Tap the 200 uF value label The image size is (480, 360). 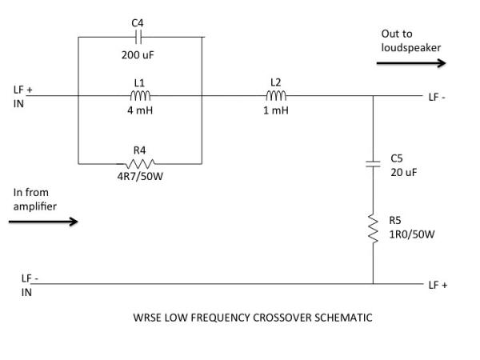[x=138, y=55]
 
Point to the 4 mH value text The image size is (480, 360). [x=138, y=110]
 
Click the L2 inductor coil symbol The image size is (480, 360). [x=277, y=96]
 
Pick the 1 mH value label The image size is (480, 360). [x=277, y=110]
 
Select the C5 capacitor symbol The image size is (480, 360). [x=373, y=164]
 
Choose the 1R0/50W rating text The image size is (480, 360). [x=411, y=234]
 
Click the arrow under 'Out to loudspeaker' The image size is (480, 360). [x=410, y=64]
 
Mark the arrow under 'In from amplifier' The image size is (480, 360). [x=43, y=222]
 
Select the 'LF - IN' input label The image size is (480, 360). [x=30, y=285]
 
